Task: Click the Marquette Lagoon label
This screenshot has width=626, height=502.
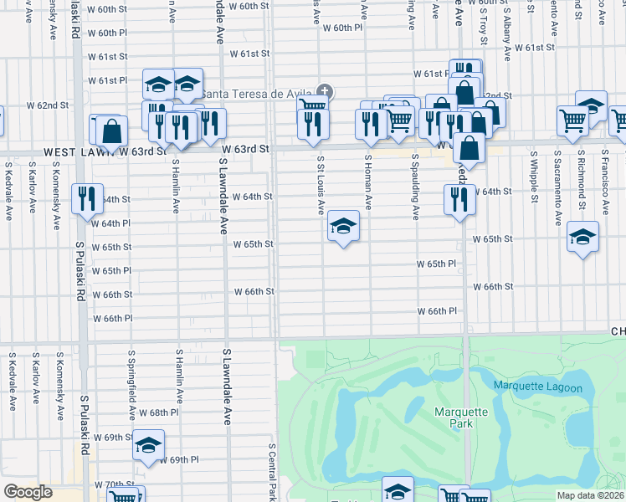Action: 537,386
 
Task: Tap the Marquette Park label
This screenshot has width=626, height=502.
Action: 454,417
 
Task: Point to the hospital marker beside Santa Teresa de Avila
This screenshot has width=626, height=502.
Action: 324,91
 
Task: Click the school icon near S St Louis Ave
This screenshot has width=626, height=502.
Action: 343,226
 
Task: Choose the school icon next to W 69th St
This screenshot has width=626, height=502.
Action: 148,444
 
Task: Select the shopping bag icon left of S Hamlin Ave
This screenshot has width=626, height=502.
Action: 111,131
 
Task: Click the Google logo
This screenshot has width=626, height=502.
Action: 28,492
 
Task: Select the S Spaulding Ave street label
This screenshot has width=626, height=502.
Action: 415,186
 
